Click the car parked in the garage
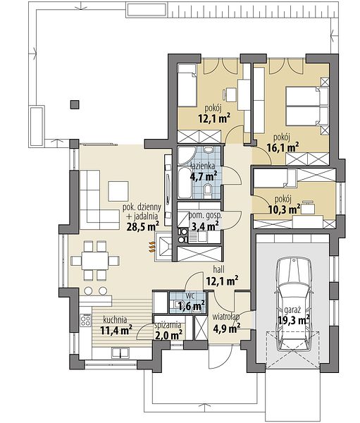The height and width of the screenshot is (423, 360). [293, 304]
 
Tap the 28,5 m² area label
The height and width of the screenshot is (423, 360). [142, 226]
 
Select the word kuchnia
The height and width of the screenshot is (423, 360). [115, 320]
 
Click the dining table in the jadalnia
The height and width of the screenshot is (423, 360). [95, 261]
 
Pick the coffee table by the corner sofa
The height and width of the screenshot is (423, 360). [118, 191]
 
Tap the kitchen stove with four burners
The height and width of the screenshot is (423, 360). [86, 320]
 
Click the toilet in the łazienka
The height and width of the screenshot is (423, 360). [208, 189]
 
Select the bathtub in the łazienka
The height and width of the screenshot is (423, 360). [185, 183]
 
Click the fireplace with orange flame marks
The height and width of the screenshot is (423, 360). [163, 247]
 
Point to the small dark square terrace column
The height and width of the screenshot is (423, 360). [75, 104]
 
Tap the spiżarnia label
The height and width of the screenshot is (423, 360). [170, 325]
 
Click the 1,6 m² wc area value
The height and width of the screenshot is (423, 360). [191, 306]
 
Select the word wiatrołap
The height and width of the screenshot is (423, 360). [226, 317]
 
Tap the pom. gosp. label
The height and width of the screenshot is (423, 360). [205, 216]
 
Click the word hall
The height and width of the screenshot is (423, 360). [218, 269]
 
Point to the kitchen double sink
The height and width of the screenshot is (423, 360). [120, 353]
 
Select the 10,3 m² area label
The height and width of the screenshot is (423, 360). [285, 209]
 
